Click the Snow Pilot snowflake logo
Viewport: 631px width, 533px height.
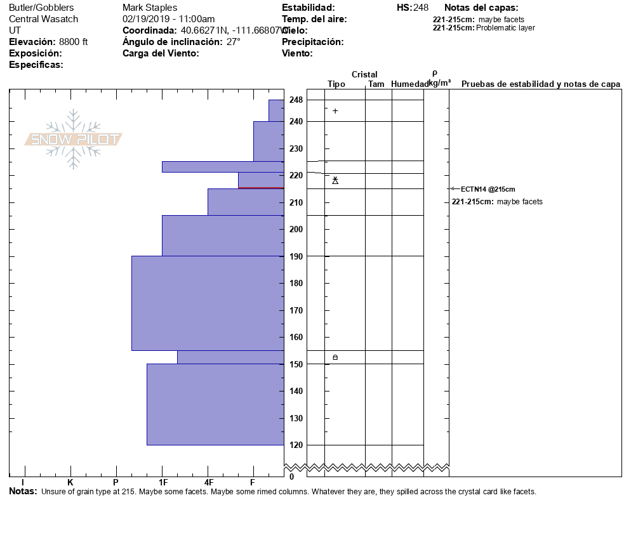pyautogui.click(x=74, y=139)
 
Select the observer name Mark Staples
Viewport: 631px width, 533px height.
pyautogui.click(x=150, y=8)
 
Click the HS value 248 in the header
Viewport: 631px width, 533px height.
pyautogui.click(x=421, y=8)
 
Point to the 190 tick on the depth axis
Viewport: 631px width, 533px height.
pyautogui.click(x=296, y=256)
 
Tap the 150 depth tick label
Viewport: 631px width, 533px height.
pyautogui.click(x=296, y=364)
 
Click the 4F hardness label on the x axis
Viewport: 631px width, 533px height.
pyautogui.click(x=208, y=482)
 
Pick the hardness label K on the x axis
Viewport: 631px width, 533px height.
pyautogui.click(x=70, y=482)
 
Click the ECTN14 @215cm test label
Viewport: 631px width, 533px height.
pyautogui.click(x=488, y=189)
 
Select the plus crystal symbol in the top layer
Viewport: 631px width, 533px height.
pyautogui.click(x=335, y=111)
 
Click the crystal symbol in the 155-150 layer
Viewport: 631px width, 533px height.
pyautogui.click(x=335, y=358)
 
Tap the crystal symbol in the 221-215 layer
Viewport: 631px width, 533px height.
pyautogui.click(x=335, y=181)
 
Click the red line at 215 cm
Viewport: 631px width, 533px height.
pyautogui.click(x=260, y=188)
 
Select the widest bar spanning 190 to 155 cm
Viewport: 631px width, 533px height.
pyautogui.click(x=208, y=303)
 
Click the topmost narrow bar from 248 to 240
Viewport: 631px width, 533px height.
pyautogui.click(x=276, y=110)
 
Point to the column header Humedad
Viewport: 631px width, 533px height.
pyautogui.click(x=410, y=84)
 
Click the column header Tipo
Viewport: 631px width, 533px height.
pyautogui.click(x=336, y=84)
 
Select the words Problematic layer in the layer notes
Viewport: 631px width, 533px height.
pyautogui.click(x=505, y=28)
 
